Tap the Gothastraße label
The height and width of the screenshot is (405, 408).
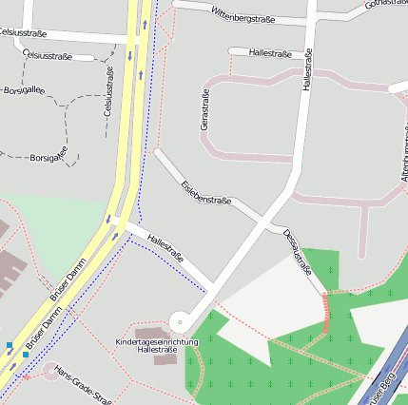click(x=385, y=5)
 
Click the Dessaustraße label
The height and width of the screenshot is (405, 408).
click(x=298, y=251)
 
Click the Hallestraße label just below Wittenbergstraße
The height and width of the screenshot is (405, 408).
click(x=271, y=52)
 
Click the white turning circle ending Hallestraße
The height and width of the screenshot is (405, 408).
click(x=179, y=320)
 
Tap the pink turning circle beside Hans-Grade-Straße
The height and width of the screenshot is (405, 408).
click(x=49, y=371)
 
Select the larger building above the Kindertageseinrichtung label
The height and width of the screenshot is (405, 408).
click(x=155, y=331)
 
